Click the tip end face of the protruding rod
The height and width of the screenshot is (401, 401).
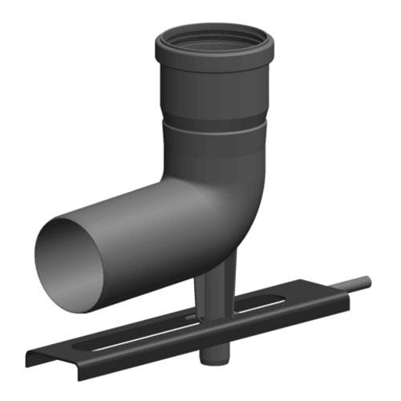[x=369, y=281]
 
